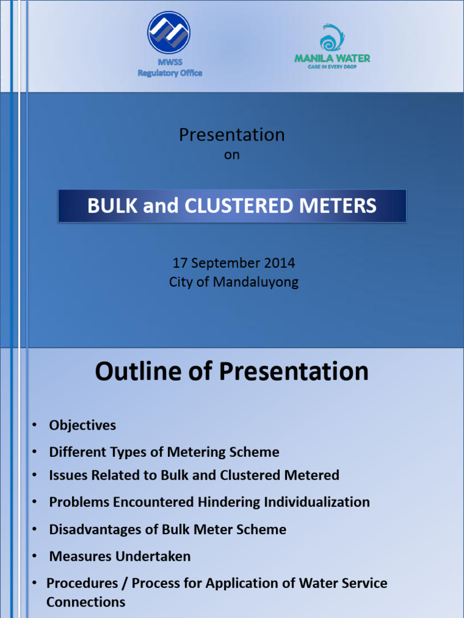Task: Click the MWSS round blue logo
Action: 169,32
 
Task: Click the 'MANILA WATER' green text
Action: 332,59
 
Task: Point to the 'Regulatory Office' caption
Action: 170,73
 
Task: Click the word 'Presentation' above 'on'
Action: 231,135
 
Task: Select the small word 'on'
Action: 231,155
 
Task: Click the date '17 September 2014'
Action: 234,263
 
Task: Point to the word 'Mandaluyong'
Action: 256,282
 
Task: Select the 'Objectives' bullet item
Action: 82,425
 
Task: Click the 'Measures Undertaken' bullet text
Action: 120,556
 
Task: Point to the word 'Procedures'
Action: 82,584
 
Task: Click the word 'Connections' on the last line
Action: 86,602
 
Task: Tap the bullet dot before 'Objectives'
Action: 35,425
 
